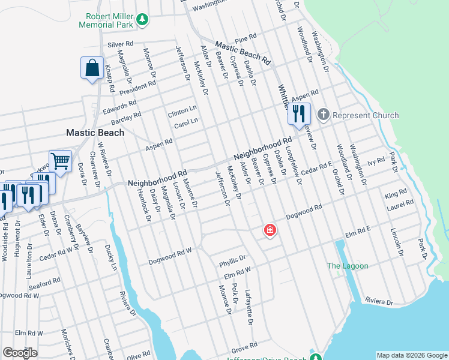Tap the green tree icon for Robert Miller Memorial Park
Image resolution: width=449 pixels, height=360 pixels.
pyautogui.click(x=142, y=20)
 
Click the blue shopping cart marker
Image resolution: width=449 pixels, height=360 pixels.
pyautogui.click(x=60, y=161)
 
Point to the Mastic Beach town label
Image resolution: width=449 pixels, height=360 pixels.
pyautogui.click(x=95, y=133)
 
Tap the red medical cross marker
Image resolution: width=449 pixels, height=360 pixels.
pyautogui.click(x=270, y=230)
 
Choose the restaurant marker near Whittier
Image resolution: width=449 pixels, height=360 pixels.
pyautogui.click(x=298, y=113)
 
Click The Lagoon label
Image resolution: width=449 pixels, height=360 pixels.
pyautogui.click(x=348, y=266)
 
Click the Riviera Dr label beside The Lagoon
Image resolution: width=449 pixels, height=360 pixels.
pyautogui.click(x=378, y=301)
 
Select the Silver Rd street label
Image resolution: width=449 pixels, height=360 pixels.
pyautogui.click(x=120, y=45)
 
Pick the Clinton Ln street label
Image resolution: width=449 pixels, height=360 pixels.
pyautogui.click(x=182, y=112)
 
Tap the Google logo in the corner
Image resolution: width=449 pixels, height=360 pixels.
pyautogui.click(x=20, y=353)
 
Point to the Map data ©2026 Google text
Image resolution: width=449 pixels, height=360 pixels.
pyautogui.click(x=412, y=355)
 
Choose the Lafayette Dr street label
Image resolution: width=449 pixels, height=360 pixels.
pyautogui.click(x=248, y=308)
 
